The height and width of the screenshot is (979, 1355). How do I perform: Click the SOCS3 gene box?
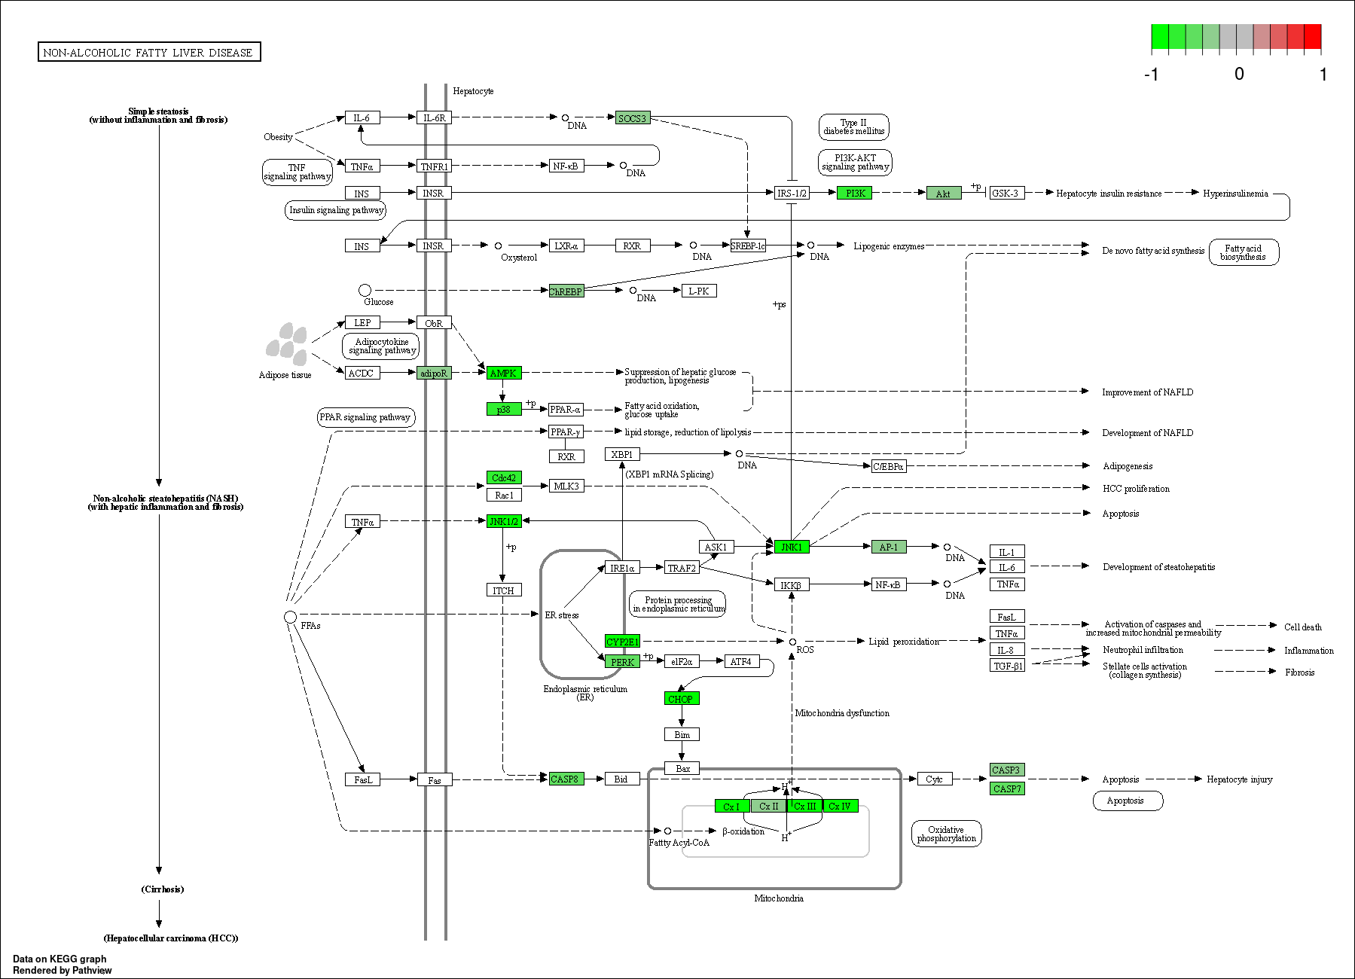633,118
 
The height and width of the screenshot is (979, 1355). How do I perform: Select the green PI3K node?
855,194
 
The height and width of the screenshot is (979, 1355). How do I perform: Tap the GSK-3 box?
1006,194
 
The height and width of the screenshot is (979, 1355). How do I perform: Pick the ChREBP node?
566,291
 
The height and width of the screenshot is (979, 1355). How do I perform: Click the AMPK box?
504,373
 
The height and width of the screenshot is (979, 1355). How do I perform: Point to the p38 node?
504,409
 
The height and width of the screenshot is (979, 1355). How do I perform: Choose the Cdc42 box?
504,477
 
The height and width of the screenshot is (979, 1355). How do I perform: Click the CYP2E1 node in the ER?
623,642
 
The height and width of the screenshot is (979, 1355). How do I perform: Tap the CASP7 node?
1007,788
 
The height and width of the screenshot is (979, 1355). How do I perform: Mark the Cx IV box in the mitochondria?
841,807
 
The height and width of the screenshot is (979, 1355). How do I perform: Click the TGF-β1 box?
1007,666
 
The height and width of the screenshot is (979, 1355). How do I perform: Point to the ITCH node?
504,590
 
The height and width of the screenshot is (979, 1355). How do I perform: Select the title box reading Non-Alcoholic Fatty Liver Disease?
149,52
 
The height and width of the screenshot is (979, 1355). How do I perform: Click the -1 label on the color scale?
1151,74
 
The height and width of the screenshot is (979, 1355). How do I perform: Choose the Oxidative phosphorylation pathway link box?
947,834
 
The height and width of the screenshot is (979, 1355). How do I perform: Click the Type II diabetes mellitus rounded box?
854,127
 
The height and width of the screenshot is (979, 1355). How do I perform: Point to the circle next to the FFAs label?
290,617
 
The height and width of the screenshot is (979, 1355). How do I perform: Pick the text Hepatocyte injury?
1240,779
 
